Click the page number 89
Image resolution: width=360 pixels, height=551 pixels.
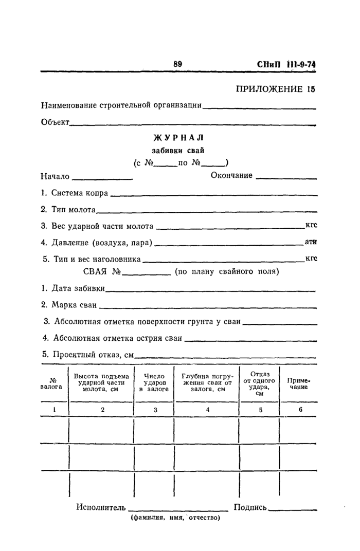(x=178, y=64)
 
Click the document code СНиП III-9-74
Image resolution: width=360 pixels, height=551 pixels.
(x=285, y=65)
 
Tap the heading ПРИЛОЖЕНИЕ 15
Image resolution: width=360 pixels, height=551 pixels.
(x=275, y=88)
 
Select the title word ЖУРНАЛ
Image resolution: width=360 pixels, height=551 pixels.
(x=178, y=137)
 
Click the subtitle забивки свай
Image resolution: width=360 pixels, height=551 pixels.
(x=178, y=151)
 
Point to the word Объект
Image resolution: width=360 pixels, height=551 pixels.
(x=55, y=122)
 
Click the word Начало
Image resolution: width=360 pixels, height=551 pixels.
(x=55, y=176)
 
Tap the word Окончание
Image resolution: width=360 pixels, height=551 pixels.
(x=231, y=176)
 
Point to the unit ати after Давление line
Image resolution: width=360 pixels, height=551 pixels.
(x=310, y=242)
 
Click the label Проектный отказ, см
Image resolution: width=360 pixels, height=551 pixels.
(x=88, y=355)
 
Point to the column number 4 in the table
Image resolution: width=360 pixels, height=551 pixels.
(x=207, y=410)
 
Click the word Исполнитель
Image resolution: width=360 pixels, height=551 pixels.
(x=101, y=508)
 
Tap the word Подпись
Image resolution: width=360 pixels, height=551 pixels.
(x=250, y=508)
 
